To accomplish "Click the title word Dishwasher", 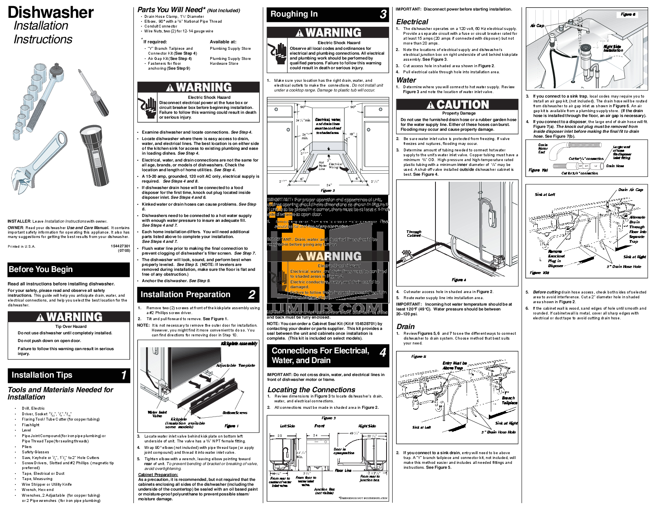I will (x=51, y=12).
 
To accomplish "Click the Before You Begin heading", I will (x=41, y=270).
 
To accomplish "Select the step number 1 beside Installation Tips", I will (x=124, y=375).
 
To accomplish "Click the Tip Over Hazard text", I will (x=71, y=326).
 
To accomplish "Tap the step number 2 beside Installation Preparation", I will (x=251, y=295).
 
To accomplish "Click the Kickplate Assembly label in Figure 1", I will (x=239, y=344).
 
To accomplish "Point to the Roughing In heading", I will (x=294, y=14).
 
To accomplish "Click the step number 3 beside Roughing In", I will (x=382, y=15).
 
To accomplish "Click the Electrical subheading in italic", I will (x=412, y=22).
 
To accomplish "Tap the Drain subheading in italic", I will (x=406, y=327).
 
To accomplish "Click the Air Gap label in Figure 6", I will (x=537, y=25).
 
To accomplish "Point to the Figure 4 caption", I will (x=458, y=280).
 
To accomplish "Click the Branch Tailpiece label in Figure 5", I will (x=509, y=400).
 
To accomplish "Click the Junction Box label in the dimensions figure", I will (x=324, y=491).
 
